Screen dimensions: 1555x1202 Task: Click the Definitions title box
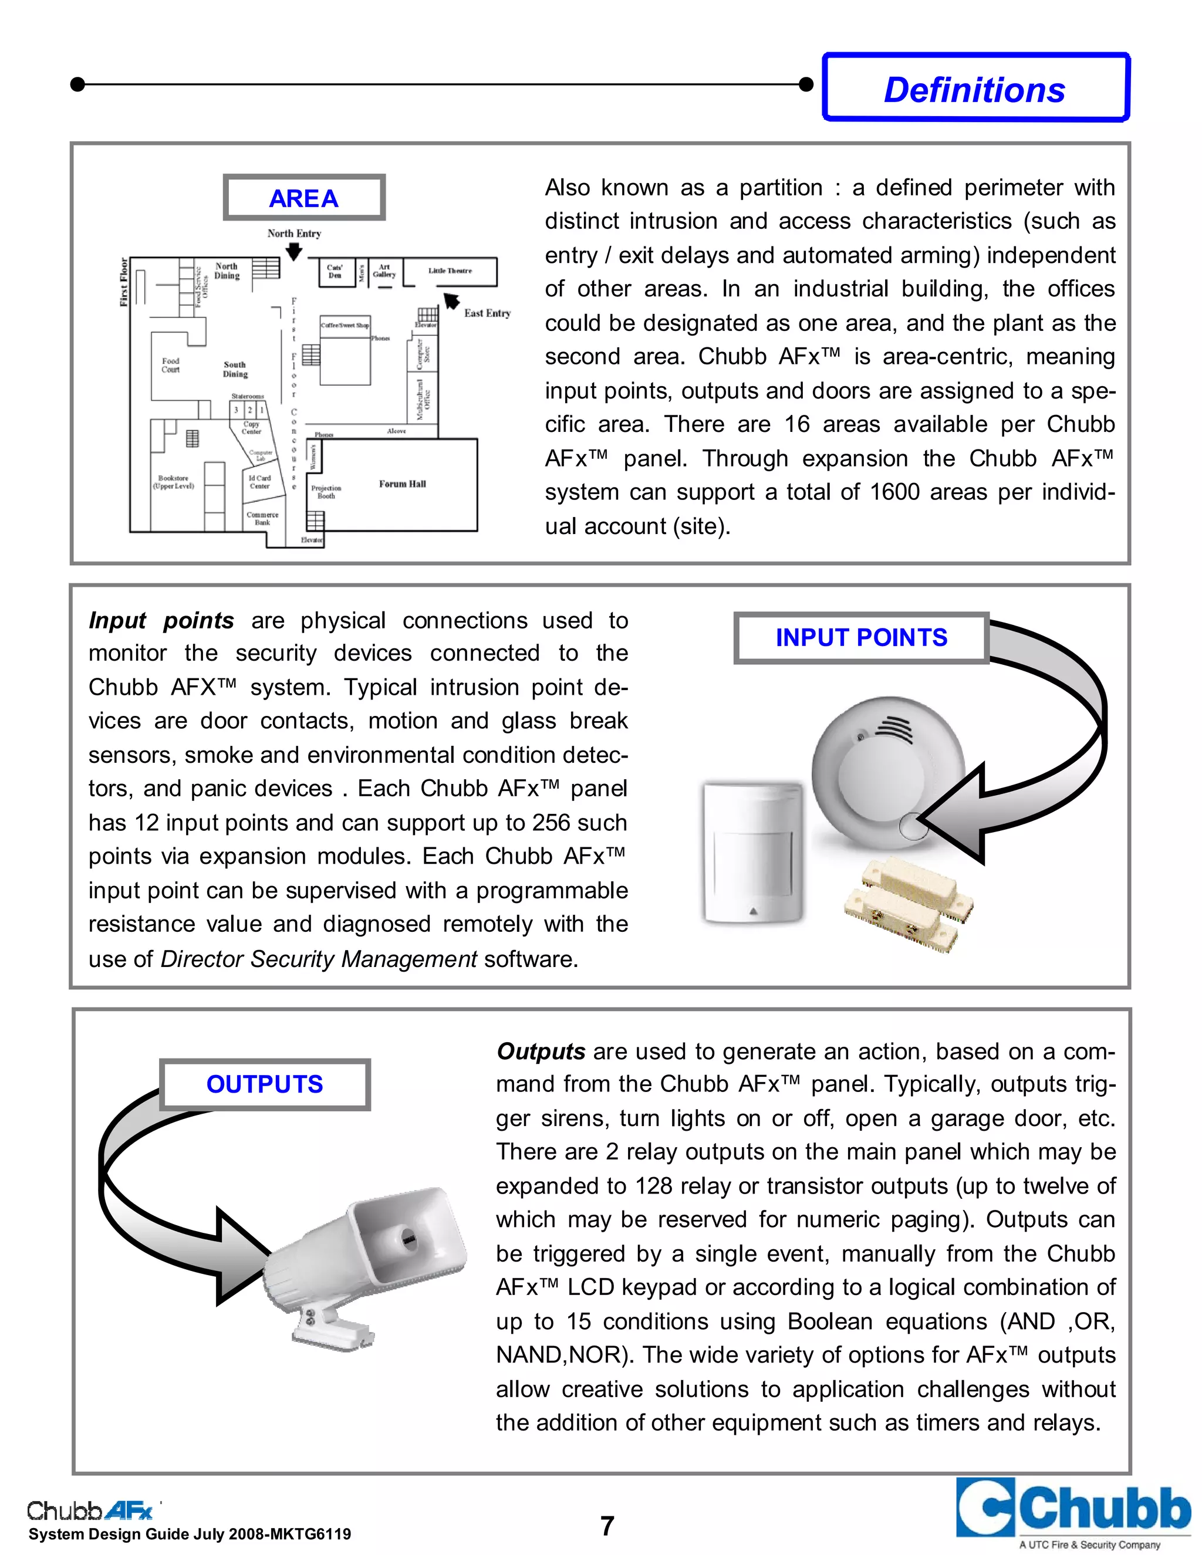[x=975, y=88]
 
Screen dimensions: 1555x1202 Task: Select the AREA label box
[x=304, y=198]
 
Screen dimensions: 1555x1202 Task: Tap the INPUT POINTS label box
[x=861, y=637]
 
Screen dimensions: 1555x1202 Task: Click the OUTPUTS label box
[x=264, y=1084]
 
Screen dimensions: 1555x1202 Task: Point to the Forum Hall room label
[x=401, y=484]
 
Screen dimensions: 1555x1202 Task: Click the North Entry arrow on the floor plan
[x=293, y=251]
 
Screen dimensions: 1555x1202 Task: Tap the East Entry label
[x=487, y=313]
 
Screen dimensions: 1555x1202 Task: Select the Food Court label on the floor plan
[x=170, y=365]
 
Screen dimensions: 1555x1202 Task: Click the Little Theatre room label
[x=450, y=271]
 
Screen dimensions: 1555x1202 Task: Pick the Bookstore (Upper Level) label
[x=173, y=482]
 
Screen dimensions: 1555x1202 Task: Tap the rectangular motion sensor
[x=752, y=851]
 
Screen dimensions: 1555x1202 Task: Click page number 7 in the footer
[x=607, y=1525]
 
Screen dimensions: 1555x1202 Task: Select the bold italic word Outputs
[x=541, y=1051]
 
